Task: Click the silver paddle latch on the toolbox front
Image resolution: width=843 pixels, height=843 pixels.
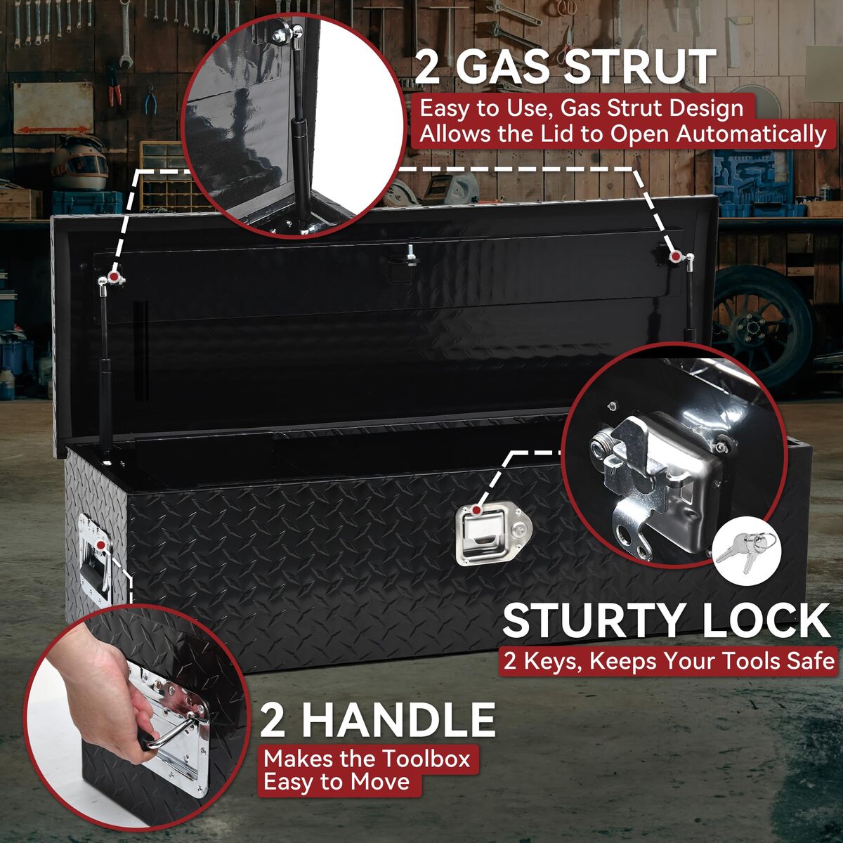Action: point(494,535)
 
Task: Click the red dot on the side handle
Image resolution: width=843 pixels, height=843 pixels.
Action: point(102,544)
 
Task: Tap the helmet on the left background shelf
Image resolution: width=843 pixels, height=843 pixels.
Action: point(79,162)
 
